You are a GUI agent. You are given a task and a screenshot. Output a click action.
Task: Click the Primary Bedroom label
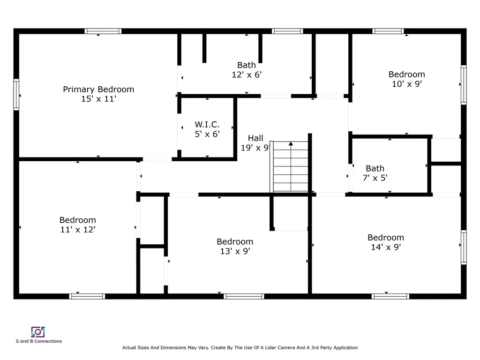[x=98, y=89]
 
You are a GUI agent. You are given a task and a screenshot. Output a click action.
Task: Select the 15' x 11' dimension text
[x=98, y=99]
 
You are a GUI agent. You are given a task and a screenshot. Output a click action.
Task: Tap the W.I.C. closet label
[x=207, y=125]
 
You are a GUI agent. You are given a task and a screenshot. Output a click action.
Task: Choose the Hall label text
[x=255, y=138]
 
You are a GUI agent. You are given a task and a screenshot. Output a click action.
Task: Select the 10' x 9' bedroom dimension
[x=407, y=84]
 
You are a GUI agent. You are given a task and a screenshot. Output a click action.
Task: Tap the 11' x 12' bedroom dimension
[x=77, y=230]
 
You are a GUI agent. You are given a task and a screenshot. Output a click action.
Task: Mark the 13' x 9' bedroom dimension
[x=235, y=251]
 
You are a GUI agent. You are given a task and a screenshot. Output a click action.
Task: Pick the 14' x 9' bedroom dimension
[x=385, y=247]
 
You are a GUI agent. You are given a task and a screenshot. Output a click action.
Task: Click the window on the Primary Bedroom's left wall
[x=16, y=95]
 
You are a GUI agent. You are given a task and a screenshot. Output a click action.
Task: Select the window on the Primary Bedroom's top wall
[x=103, y=31]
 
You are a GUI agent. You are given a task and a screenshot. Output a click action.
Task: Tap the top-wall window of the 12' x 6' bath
[x=287, y=31]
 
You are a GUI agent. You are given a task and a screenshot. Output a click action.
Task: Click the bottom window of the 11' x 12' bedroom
[x=87, y=296]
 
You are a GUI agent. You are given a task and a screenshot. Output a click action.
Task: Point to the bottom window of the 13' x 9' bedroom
[x=244, y=296]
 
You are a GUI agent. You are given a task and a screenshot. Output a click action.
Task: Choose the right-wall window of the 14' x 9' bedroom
[x=464, y=247]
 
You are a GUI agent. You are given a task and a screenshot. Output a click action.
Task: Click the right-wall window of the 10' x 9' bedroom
[x=464, y=84]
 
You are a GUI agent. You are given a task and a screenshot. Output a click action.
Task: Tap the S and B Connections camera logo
[x=38, y=332]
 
